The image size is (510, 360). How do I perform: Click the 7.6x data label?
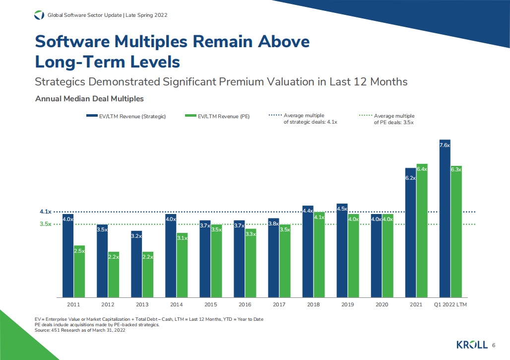point(445,145)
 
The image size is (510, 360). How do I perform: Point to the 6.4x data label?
point(422,169)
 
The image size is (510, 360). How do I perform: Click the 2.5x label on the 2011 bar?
point(79,251)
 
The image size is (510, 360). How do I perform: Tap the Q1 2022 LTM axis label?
point(450,304)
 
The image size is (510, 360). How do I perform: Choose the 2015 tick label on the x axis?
point(210,304)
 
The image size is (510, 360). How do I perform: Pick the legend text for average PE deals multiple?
point(394,119)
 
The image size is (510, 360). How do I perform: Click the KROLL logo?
point(471,345)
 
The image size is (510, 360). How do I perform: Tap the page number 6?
point(494,346)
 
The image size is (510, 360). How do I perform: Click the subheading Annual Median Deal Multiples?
point(89,99)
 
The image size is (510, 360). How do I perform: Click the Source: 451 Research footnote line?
point(80,330)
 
